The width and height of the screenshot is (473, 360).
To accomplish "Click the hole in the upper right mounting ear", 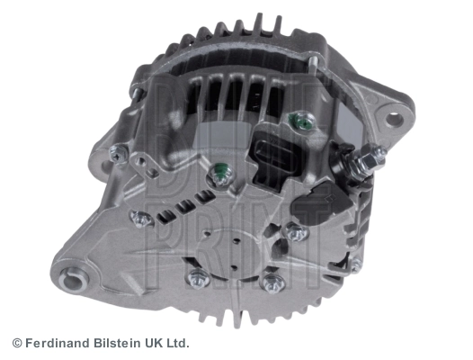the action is [394, 120].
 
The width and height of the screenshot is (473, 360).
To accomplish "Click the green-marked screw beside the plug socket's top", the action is [304, 121].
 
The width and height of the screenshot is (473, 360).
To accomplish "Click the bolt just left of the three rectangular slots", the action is [140, 219].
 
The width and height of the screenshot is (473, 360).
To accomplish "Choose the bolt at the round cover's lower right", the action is [273, 283].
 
